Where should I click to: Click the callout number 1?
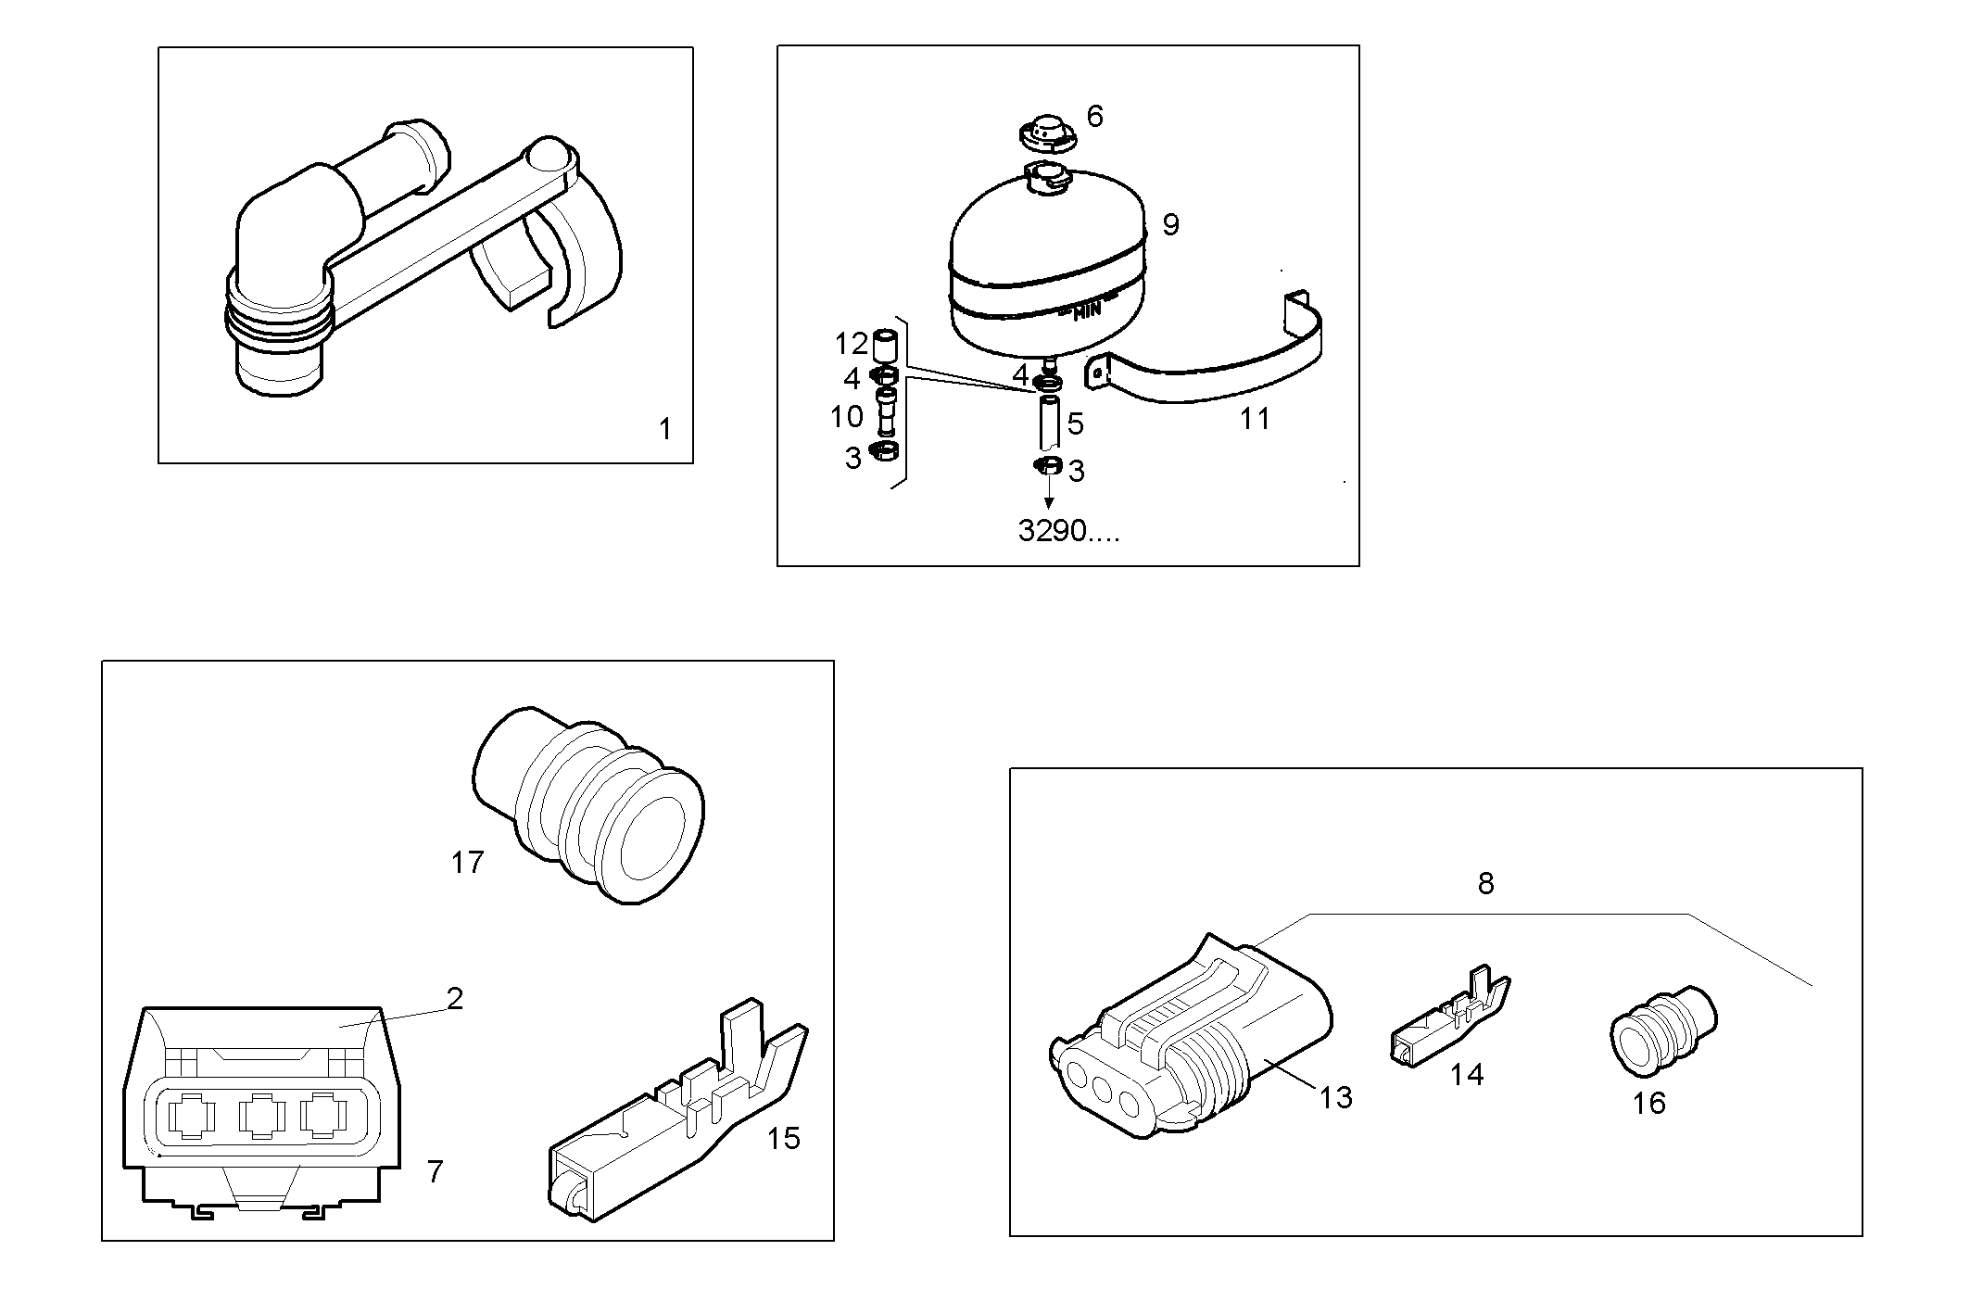[664, 429]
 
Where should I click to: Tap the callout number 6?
[1094, 117]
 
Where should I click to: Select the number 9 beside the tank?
[1170, 224]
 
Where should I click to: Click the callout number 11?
[1255, 419]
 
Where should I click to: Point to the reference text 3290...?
[1068, 531]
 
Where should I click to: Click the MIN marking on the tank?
[1086, 311]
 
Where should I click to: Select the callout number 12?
[851, 344]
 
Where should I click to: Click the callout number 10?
[847, 417]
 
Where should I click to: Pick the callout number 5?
[1075, 423]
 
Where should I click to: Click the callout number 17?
[467, 863]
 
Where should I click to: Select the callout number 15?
[784, 1138]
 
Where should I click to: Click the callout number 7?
[435, 1171]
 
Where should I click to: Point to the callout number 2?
[454, 998]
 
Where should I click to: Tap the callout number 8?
[1485, 883]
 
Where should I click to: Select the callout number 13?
[1336, 1097]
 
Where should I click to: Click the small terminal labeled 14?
[1447, 1023]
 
